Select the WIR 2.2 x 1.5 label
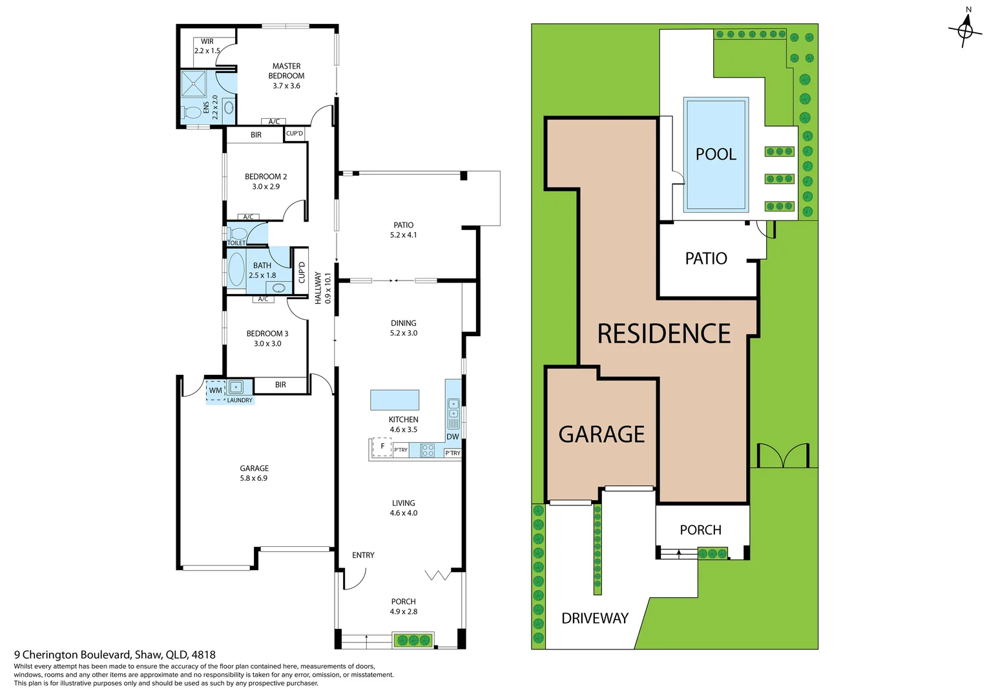(x=207, y=46)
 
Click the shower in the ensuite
(x=193, y=84)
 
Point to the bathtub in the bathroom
(x=236, y=270)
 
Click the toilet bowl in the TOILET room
(x=237, y=234)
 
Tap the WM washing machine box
(x=215, y=390)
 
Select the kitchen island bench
(x=395, y=400)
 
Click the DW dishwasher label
(x=453, y=437)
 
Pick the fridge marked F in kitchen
(x=382, y=447)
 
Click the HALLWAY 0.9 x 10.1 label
(x=322, y=288)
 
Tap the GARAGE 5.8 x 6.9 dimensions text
(x=254, y=478)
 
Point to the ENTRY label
(x=363, y=555)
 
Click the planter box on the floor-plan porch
(x=413, y=640)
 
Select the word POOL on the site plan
(x=716, y=154)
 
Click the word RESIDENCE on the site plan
(x=663, y=334)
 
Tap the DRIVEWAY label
(x=595, y=619)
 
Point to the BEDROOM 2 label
(x=265, y=176)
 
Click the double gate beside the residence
(x=783, y=456)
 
